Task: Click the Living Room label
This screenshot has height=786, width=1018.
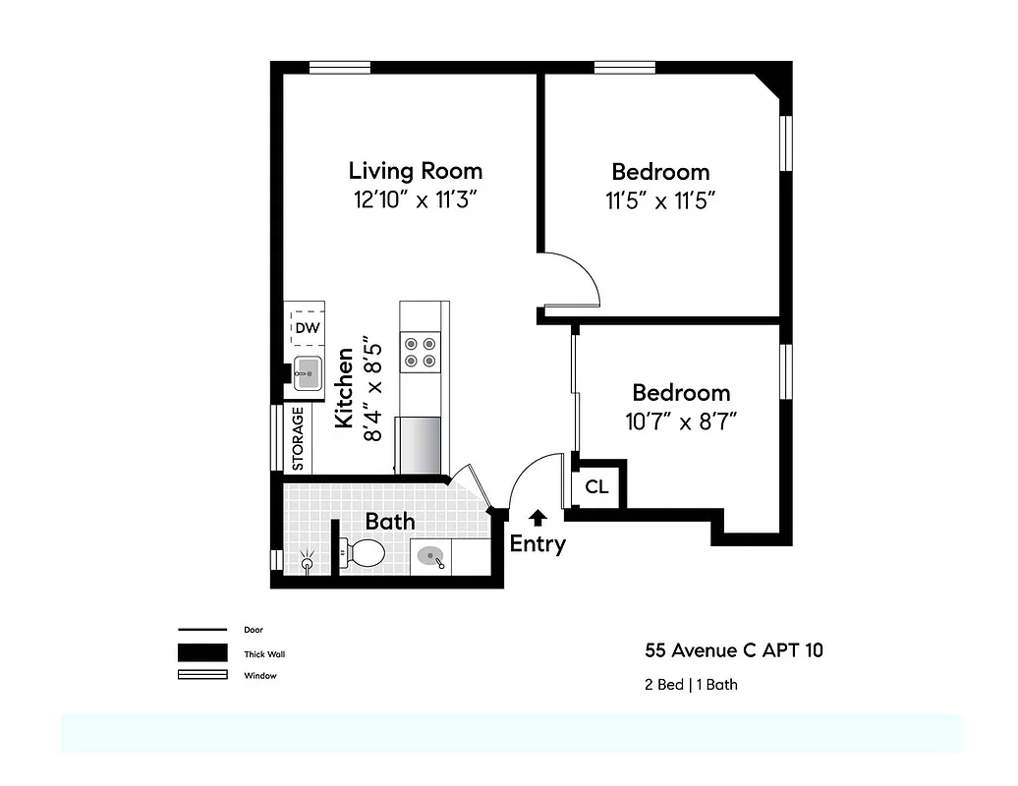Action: coord(416,170)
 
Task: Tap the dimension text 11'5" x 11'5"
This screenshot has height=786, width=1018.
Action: coord(659,201)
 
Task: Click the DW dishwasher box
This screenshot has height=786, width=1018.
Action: coord(307,328)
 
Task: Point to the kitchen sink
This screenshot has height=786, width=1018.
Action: coord(308,373)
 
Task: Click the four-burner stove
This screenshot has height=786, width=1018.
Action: coord(421,352)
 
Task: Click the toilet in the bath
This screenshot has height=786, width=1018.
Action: coord(363,553)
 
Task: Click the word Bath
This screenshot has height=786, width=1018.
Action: coord(390,521)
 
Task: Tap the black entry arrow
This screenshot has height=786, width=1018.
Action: coord(537,517)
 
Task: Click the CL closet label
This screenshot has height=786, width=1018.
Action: coord(596,486)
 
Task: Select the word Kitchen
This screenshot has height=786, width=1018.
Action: coord(344,388)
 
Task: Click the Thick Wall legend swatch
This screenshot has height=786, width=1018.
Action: coord(202,653)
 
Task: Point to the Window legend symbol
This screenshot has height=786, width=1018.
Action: coord(202,675)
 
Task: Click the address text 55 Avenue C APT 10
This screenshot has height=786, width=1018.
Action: coord(734,649)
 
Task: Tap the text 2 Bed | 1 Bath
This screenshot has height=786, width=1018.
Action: coord(690,684)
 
